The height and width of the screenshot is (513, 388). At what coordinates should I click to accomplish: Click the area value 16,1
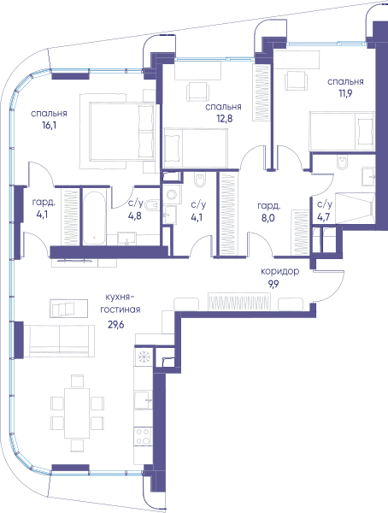[x=49, y=126]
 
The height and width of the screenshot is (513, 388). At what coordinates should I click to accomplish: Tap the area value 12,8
[x=225, y=118]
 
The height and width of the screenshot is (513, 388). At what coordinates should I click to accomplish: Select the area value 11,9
[x=345, y=93]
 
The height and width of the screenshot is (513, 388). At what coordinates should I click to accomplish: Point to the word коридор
[x=279, y=272]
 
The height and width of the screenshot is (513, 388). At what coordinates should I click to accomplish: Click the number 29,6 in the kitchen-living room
[x=116, y=325]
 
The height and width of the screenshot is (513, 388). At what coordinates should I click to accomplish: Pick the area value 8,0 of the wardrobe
[x=267, y=218]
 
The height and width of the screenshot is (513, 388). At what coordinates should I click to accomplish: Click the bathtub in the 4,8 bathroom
[x=94, y=216]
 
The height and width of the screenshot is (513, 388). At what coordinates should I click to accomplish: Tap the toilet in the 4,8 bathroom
[x=150, y=205]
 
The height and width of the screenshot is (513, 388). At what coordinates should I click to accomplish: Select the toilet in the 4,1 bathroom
[x=200, y=180]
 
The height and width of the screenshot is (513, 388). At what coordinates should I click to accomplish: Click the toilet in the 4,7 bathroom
[x=342, y=162]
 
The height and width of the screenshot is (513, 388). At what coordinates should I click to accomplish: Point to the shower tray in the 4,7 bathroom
[x=356, y=208]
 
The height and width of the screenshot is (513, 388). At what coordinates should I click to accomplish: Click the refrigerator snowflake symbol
[x=143, y=357]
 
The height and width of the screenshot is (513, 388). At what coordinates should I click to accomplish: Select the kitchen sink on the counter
[x=144, y=400]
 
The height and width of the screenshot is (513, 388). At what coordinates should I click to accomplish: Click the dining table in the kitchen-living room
[x=77, y=413]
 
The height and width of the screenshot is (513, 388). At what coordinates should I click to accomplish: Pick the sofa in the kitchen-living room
[x=59, y=340]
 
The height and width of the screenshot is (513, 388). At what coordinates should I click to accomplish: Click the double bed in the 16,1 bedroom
[x=121, y=132]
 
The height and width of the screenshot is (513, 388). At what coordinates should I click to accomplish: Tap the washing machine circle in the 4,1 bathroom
[x=172, y=195]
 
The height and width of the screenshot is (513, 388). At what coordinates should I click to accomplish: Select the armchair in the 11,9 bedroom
[x=297, y=81]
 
